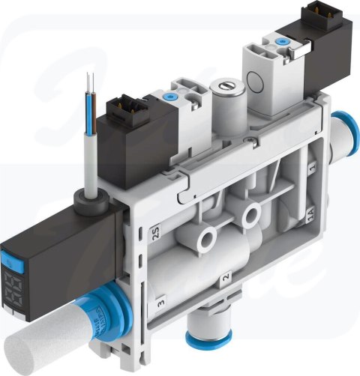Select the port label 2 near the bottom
click(225, 281)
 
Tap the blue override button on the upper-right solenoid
click(283, 42)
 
